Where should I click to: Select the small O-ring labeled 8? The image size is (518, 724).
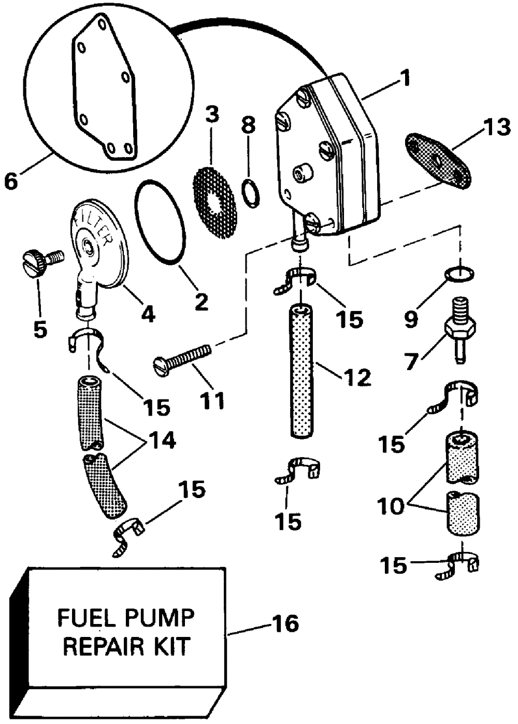coord(251,193)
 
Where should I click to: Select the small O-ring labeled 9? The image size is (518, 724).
coord(459,273)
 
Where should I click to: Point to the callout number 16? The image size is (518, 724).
coord(286,623)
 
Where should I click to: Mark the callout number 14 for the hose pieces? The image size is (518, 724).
coord(162,440)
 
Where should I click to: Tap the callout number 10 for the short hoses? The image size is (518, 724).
coord(391,506)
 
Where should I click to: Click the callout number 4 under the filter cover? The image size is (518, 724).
coord(148,313)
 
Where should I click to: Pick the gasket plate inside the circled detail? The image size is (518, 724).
coord(104,88)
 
